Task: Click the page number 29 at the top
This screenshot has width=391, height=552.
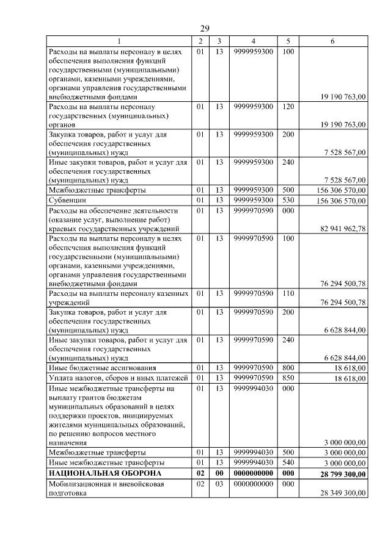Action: pyautogui.click(x=205, y=28)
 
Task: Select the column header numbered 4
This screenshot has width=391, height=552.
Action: pyautogui.click(x=253, y=41)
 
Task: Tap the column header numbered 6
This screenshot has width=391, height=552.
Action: pyautogui.click(x=332, y=41)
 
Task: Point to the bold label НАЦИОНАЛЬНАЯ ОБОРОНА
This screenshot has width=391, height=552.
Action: pyautogui.click(x=104, y=473)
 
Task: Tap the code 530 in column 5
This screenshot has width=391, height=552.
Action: pyautogui.click(x=288, y=199)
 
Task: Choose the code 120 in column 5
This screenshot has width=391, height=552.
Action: pyautogui.click(x=288, y=106)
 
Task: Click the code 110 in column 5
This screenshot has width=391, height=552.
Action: pyautogui.click(x=288, y=293)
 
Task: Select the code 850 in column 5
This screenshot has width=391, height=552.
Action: pyautogui.click(x=288, y=378)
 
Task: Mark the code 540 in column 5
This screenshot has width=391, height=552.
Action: pyautogui.click(x=288, y=463)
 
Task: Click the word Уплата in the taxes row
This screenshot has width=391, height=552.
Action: pyautogui.click(x=62, y=378)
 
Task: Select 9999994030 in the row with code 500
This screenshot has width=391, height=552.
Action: pyautogui.click(x=253, y=453)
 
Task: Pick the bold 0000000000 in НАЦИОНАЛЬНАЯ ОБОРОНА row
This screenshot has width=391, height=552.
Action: pyautogui.click(x=253, y=473)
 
